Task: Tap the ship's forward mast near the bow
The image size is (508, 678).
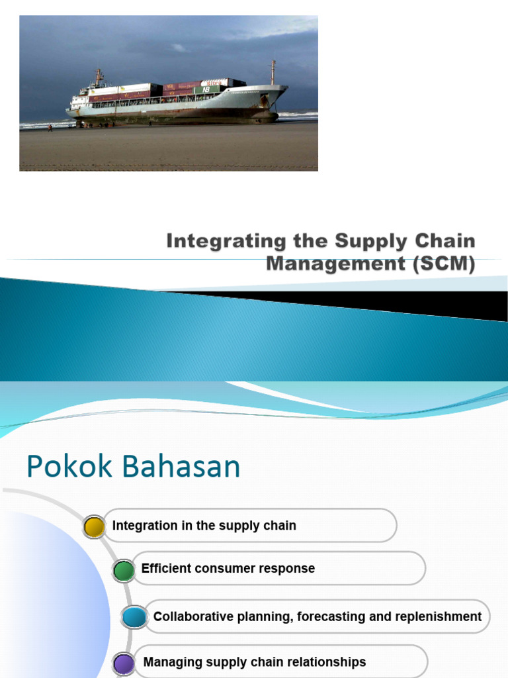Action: (272, 72)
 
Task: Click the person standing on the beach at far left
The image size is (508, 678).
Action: (50, 128)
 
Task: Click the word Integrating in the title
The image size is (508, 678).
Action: (214, 240)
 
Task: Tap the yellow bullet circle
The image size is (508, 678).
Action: (95, 526)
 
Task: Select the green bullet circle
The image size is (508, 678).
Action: (123, 570)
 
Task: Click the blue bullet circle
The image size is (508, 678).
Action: (134, 617)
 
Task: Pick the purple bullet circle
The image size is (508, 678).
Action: (124, 663)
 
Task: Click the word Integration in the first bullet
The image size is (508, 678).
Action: (145, 526)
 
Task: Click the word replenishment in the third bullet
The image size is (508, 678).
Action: (439, 616)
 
